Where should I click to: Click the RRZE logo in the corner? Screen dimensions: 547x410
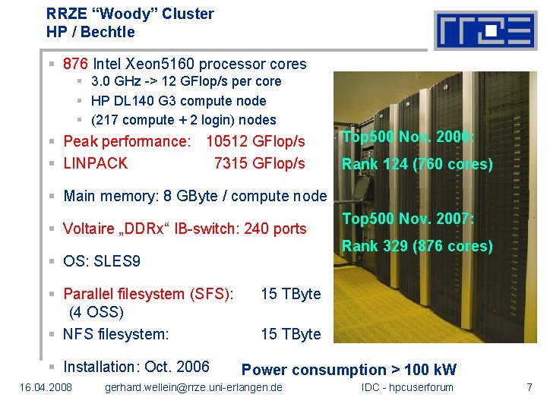(485, 30)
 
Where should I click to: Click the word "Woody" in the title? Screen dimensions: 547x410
(111, 14)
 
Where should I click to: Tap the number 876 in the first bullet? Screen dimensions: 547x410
(76, 64)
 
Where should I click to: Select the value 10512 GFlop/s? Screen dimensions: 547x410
(255, 141)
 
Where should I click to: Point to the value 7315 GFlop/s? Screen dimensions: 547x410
(259, 163)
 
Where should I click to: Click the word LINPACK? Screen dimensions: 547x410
(96, 163)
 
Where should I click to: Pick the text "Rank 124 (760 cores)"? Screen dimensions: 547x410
(417, 164)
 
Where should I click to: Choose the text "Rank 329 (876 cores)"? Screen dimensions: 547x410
(417, 246)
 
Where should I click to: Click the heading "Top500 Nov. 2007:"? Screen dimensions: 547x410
(408, 219)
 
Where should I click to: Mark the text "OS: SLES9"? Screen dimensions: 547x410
(102, 262)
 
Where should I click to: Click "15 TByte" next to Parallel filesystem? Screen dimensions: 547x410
(291, 294)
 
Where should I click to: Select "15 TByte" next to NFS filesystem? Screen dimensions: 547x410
(291, 334)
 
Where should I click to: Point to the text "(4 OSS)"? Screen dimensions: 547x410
(96, 312)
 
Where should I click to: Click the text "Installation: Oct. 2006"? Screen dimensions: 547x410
(136, 367)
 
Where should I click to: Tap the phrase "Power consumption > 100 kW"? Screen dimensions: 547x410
(349, 370)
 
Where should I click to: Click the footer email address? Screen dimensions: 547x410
(193, 388)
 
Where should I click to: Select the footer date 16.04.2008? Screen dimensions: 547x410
(46, 388)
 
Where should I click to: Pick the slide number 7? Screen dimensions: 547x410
(529, 388)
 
